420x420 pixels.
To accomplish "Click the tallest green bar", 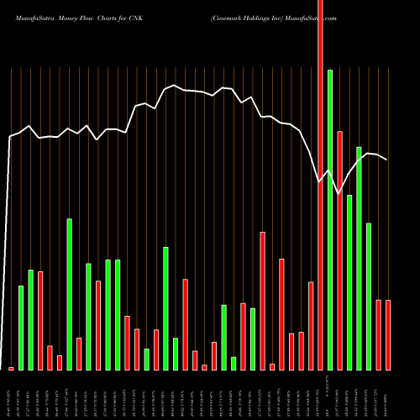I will click(x=330, y=218).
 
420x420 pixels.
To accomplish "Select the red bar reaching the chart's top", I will click(x=320, y=185).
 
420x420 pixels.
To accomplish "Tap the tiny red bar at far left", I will click(x=12, y=368).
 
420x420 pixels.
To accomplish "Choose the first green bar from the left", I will click(x=21, y=328).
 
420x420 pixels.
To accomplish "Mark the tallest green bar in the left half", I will click(x=70, y=294).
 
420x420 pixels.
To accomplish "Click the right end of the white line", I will click(x=387, y=160).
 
